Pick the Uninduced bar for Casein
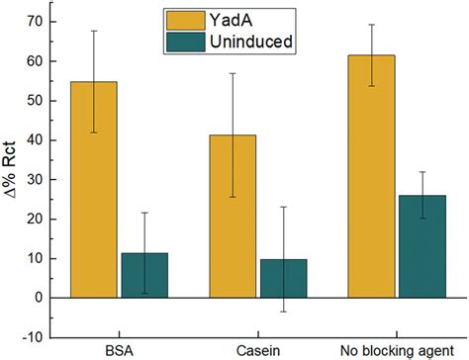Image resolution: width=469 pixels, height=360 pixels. [282, 278]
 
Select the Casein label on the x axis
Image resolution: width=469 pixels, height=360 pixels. [257, 350]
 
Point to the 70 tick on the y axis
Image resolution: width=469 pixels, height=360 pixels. [38, 21]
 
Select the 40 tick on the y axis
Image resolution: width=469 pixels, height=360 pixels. [38, 139]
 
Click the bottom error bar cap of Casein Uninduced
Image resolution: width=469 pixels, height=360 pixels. [282, 312]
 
